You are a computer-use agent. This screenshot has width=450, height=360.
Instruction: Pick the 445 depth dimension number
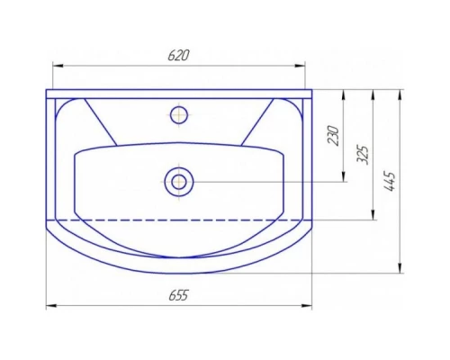click(389, 181)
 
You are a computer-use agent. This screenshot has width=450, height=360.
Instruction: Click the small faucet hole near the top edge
click(179, 114)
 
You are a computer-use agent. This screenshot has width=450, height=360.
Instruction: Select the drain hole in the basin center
click(178, 182)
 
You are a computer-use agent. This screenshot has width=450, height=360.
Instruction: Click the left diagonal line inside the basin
click(100, 121)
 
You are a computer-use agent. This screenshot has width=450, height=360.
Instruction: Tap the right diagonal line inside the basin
click(256, 121)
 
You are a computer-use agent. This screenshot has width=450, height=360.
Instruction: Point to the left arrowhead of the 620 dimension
click(57, 65)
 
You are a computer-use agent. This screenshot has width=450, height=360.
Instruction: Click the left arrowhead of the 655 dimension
click(49, 306)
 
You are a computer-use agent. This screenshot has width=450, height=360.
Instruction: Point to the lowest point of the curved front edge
click(178, 273)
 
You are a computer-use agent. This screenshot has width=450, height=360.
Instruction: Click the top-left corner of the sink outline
click(47, 90)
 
